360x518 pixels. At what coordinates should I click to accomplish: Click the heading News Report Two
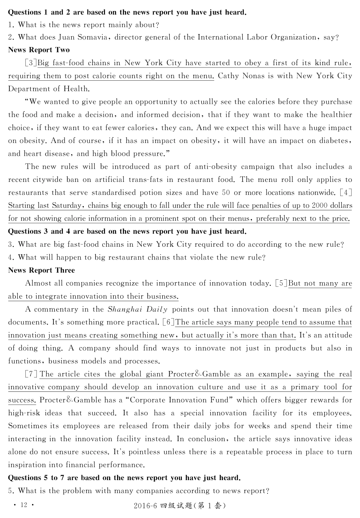point(39,50)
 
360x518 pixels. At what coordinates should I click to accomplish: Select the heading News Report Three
point(41,270)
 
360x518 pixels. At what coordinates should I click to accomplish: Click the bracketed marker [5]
point(281,283)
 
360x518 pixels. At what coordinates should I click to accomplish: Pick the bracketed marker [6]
point(168,322)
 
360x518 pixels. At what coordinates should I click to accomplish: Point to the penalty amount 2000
point(321,205)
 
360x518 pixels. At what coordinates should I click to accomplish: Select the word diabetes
point(333,141)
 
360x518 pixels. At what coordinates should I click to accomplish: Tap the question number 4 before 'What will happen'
point(11,257)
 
